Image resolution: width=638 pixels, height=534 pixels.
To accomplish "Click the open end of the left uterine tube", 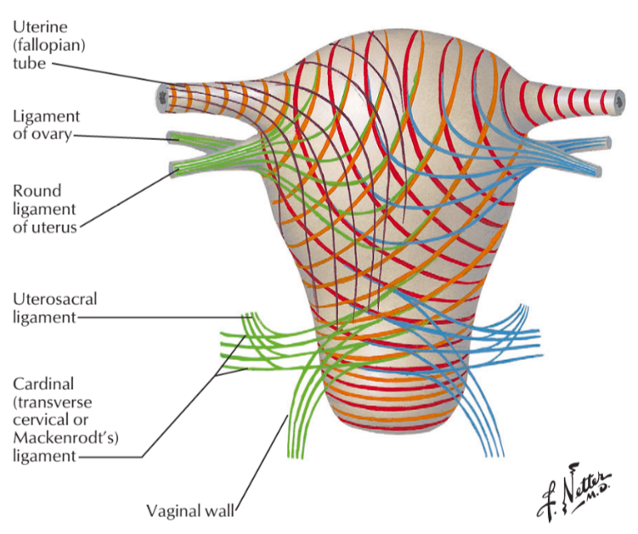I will point(162,98).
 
